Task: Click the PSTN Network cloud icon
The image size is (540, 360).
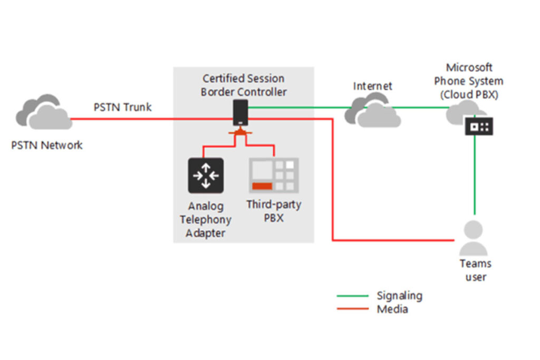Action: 44,112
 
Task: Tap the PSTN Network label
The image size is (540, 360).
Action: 47,145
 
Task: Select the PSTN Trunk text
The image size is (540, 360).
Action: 122,108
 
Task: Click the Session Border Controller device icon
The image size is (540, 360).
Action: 240,113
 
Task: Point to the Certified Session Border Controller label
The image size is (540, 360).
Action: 244,85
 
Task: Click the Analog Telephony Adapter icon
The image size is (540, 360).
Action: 206,176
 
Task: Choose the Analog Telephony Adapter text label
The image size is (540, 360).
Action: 205,219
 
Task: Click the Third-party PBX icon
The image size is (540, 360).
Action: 274,176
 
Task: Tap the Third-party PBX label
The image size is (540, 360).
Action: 274,210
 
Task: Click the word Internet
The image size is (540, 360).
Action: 373,86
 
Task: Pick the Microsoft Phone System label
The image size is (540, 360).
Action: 468,81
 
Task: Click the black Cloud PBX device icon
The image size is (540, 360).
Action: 479,127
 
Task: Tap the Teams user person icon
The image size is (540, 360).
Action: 474,238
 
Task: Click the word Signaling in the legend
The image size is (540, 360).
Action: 399,296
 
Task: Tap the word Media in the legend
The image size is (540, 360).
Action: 392,309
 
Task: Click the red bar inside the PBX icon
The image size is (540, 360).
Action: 262,186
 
